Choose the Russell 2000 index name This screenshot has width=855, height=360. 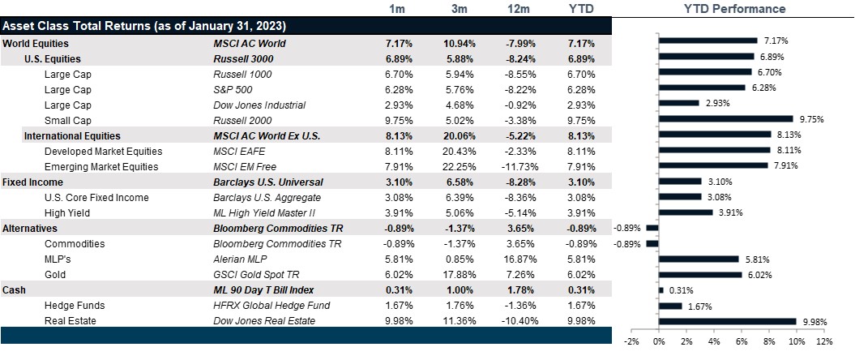(x=242, y=120)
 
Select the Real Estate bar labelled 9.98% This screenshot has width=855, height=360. (x=727, y=321)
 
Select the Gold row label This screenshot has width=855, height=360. (x=55, y=274)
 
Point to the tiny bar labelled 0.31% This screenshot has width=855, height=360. (x=660, y=290)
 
